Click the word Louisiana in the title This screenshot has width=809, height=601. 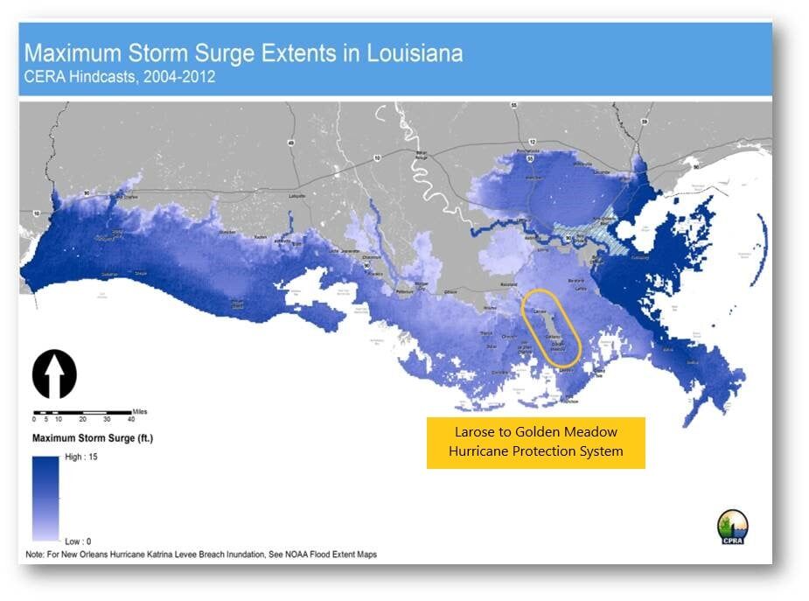pyautogui.click(x=401, y=52)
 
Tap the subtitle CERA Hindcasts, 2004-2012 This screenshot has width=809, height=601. pyautogui.click(x=120, y=77)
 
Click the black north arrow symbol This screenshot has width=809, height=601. pyautogui.click(x=54, y=374)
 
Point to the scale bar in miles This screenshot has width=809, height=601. pyautogui.click(x=82, y=412)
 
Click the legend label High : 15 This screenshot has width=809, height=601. pyautogui.click(x=82, y=458)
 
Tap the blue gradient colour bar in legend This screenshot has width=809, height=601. pyautogui.click(x=45, y=499)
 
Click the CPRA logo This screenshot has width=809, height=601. pyautogui.click(x=732, y=528)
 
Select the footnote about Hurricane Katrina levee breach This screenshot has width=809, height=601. pyautogui.click(x=197, y=555)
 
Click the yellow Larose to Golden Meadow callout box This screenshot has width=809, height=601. pyautogui.click(x=535, y=442)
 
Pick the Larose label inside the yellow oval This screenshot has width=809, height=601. pyautogui.click(x=540, y=311)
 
